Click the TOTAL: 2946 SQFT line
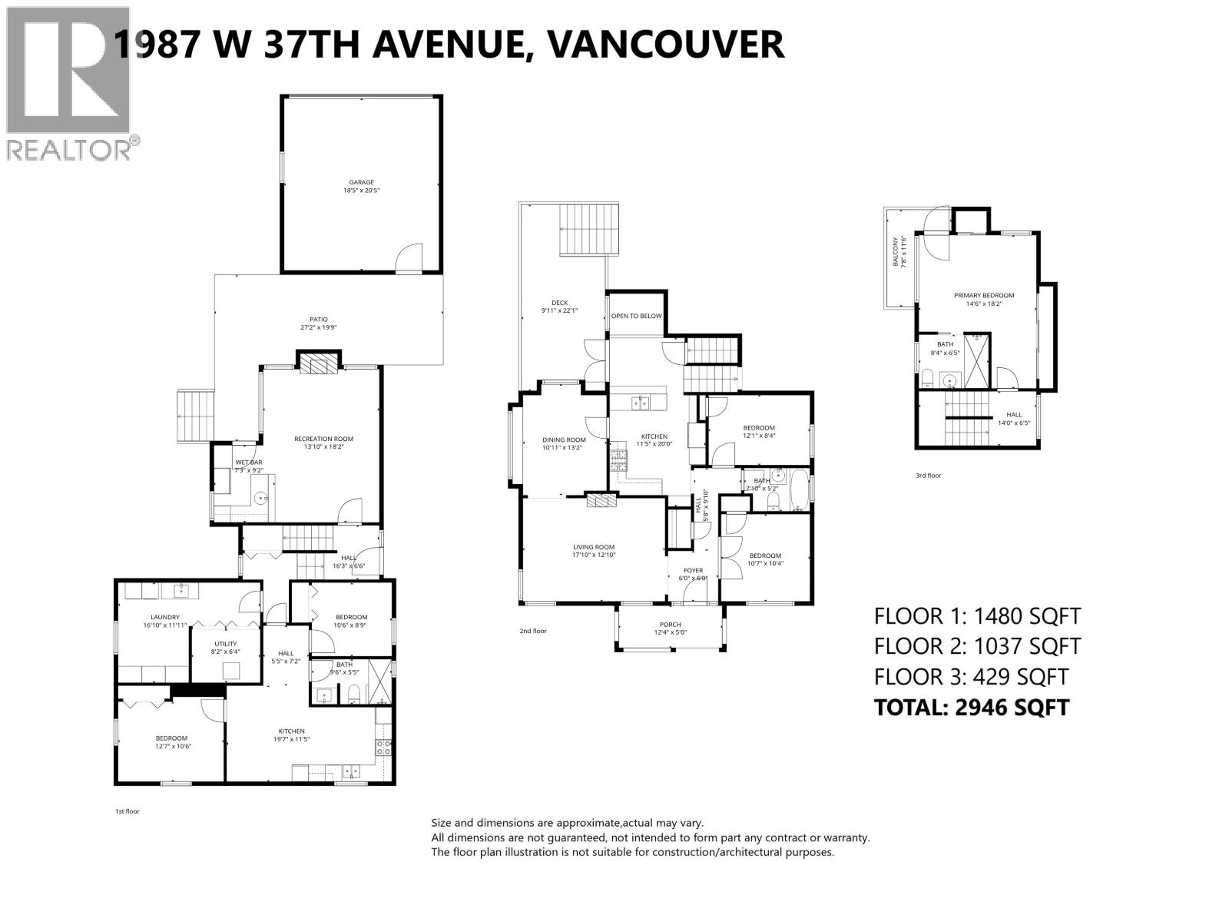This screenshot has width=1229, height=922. (971, 707)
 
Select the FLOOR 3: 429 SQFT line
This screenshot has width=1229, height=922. (971, 677)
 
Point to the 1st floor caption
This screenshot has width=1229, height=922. (127, 811)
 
